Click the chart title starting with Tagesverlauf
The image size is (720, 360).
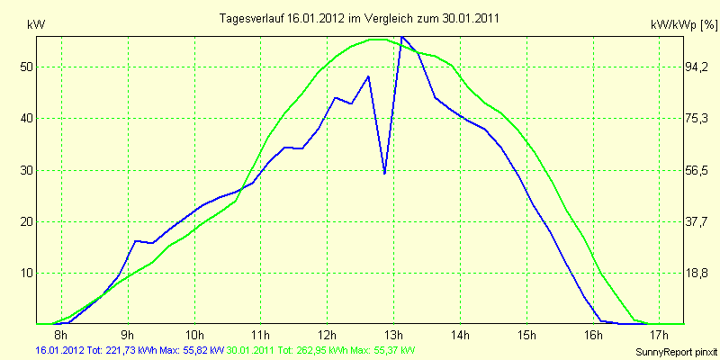(359, 18)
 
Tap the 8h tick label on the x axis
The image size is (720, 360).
(61, 333)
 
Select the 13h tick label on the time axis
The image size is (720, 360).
(393, 333)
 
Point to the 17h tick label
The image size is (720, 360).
(660, 333)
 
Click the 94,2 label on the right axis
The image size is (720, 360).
(696, 67)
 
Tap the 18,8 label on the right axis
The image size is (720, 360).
(696, 274)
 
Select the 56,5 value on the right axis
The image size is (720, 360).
(696, 170)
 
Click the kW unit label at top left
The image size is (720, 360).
(36, 25)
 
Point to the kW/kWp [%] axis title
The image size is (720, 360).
(684, 25)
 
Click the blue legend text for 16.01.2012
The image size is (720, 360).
(130, 350)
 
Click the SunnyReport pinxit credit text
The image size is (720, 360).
(676, 352)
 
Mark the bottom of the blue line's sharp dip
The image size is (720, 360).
(384, 174)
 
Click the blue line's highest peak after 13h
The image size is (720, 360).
(401, 36)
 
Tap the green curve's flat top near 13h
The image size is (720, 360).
(378, 40)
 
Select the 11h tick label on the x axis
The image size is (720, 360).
(260, 333)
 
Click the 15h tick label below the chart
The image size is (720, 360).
(526, 333)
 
